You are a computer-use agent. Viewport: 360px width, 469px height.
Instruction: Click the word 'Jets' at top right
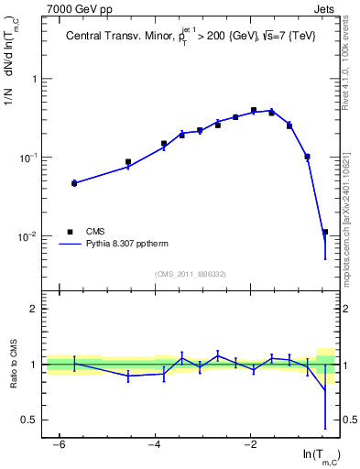[325, 10]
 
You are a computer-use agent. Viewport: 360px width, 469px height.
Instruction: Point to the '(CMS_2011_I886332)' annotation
[191, 274]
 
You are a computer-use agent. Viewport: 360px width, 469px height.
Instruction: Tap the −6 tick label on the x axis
[58, 444]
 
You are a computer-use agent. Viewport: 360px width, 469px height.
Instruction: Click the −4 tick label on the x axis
[154, 444]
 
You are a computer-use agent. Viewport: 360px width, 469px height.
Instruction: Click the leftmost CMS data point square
[74, 183]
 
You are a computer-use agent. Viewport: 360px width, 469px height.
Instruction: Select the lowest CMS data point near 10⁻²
[325, 233]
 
